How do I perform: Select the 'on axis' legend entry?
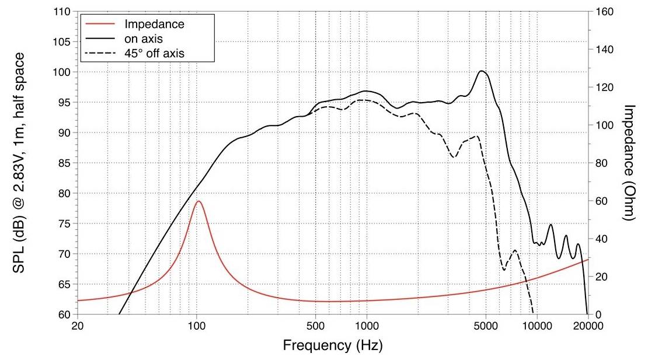tap(140, 39)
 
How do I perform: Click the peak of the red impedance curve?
tap(198, 201)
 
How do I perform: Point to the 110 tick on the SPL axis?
tap(62, 12)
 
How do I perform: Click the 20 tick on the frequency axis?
tap(78, 326)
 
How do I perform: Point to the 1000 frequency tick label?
tap(367, 326)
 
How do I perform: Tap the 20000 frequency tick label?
tap(586, 326)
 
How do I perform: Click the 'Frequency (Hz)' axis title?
tap(333, 345)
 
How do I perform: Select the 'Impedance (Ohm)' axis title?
tap(630, 163)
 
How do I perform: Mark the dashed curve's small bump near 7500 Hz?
tap(515, 250)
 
